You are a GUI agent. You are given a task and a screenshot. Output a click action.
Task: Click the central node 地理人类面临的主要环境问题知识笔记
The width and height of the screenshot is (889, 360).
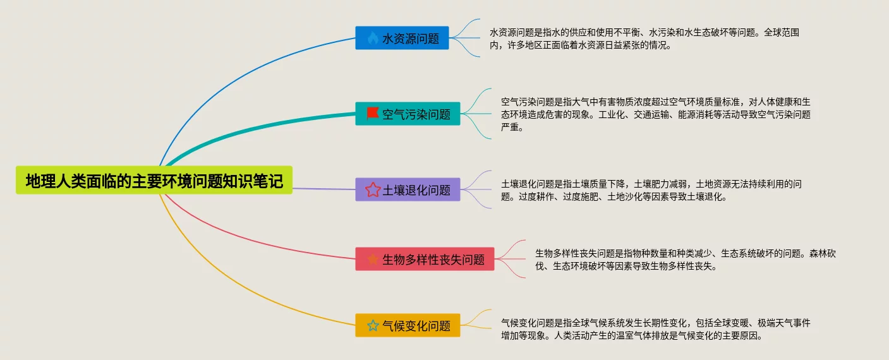click(x=154, y=181)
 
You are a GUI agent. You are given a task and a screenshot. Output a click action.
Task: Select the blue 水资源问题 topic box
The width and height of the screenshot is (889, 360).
click(x=402, y=38)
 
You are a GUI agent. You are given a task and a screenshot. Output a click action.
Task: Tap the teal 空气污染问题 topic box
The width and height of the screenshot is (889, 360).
click(x=408, y=114)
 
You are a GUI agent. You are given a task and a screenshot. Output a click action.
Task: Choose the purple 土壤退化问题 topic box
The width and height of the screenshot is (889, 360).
click(x=408, y=189)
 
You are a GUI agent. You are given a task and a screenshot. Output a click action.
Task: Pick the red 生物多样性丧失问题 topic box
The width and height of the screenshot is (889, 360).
click(x=425, y=259)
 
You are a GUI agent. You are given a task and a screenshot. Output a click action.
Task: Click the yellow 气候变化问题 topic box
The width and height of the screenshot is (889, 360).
click(x=408, y=326)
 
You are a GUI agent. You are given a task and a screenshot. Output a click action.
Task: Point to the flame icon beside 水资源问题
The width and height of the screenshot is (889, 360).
click(x=372, y=38)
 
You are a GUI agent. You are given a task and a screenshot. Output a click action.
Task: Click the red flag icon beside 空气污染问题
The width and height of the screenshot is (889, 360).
click(x=372, y=113)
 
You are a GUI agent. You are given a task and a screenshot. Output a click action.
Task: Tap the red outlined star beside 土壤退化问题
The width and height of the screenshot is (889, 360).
click(x=373, y=189)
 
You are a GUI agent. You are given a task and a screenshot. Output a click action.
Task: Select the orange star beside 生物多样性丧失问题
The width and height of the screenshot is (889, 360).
click(x=373, y=259)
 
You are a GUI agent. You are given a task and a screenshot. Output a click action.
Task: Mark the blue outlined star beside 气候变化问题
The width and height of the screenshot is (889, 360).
click(x=373, y=326)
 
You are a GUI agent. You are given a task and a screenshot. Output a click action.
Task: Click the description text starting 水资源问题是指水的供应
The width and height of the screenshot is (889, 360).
click(x=648, y=39)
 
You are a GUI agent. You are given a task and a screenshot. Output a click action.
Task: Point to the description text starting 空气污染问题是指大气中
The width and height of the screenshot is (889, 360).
click(x=655, y=114)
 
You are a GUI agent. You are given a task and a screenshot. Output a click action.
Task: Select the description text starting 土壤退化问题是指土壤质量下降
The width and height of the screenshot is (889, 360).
click(x=651, y=190)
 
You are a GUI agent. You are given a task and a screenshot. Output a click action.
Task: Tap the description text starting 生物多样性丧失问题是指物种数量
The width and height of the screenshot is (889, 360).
click(x=685, y=260)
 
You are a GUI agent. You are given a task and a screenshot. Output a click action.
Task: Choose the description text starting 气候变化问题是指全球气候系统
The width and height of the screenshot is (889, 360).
click(x=655, y=329)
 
